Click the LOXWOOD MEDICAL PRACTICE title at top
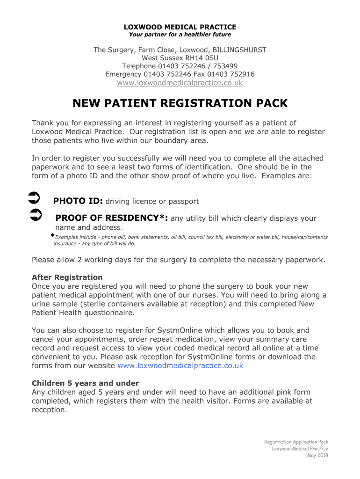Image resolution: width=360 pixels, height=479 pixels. coord(180,27)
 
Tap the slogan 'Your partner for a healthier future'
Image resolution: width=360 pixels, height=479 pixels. coord(180,35)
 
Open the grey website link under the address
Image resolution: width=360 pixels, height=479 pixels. coord(180,83)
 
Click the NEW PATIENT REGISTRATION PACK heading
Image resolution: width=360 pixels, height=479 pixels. coord(180,103)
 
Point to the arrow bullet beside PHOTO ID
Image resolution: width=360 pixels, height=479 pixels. coord(34,198)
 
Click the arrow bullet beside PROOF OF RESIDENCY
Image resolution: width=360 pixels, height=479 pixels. coord(36,215)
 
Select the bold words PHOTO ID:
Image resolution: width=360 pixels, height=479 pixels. coord(78,202)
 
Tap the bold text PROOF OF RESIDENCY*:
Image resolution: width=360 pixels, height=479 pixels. coord(112,218)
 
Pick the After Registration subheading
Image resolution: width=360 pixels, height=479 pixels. coord(67,277)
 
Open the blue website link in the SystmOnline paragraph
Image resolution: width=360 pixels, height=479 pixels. coord(180,366)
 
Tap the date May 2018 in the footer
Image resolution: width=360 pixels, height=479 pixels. coord(317,456)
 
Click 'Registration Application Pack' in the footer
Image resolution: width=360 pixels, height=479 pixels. coord(296,442)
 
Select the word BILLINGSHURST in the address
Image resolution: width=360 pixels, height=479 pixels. coord(239,50)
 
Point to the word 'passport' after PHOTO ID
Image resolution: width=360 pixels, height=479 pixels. coord(183,202)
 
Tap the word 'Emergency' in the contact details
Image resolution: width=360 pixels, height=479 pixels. coord(123,74)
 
